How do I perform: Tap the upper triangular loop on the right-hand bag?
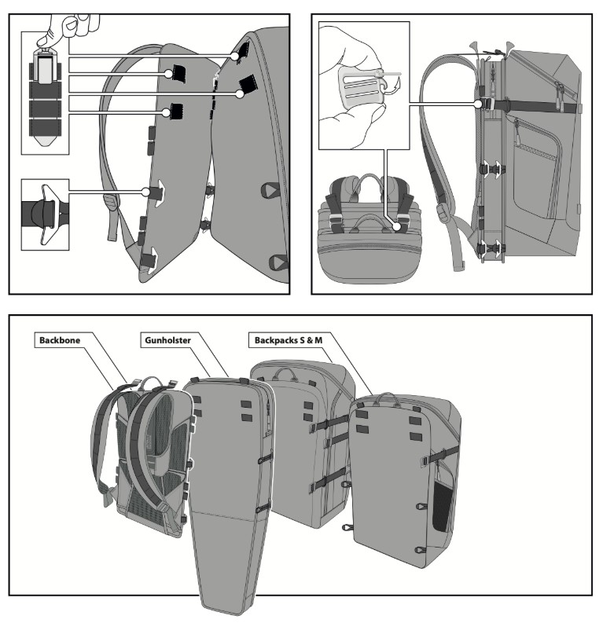(x=271, y=189)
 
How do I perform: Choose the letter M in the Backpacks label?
(x=320, y=341)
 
